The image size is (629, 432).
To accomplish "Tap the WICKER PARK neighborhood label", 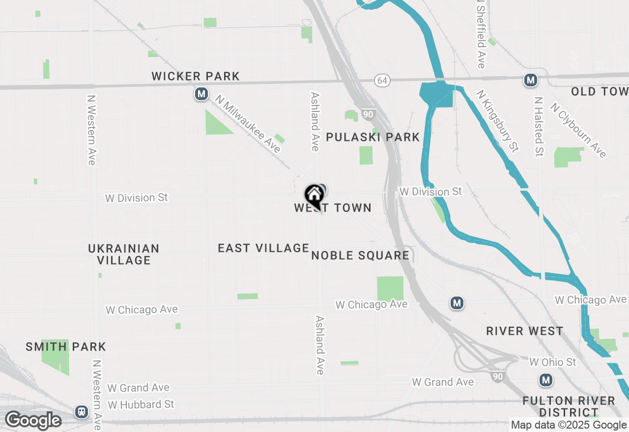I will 196,76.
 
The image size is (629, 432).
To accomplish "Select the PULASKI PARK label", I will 373,137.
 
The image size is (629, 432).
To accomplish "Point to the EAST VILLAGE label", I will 263,248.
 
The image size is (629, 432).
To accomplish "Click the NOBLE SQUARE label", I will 360,255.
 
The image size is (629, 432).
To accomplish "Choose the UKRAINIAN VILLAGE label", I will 124,254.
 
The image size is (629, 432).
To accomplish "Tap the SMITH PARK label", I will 66,347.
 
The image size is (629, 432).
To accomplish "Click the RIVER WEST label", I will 525,331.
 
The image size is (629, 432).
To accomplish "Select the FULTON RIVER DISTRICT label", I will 569,406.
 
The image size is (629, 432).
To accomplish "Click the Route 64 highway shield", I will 382,80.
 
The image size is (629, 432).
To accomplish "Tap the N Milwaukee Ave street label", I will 248,124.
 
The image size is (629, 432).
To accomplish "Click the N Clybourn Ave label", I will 578,130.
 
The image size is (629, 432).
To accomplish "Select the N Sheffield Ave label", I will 481,34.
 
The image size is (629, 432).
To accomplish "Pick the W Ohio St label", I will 552,362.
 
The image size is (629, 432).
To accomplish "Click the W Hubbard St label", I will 141,405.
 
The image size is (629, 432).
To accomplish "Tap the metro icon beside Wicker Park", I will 201,94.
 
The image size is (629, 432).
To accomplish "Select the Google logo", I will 33,420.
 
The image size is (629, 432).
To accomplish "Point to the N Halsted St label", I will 539,126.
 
